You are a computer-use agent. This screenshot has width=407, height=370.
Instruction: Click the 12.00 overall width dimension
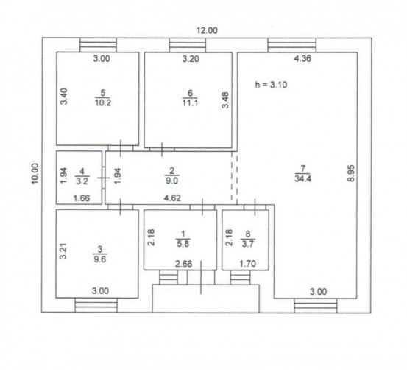207,30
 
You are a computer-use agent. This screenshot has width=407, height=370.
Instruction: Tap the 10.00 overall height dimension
35,173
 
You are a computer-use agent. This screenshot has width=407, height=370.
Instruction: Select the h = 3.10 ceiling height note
272,85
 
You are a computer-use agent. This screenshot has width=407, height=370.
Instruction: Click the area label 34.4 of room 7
303,179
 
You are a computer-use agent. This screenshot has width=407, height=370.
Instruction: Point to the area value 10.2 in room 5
103,102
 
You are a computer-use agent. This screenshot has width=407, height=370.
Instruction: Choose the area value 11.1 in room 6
191,103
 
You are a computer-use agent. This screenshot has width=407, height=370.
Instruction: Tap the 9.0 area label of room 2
171,181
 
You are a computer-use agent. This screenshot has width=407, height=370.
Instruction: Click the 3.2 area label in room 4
82,181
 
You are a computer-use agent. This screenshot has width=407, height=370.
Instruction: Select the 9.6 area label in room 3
100,259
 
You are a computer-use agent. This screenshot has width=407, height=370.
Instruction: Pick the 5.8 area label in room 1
183,244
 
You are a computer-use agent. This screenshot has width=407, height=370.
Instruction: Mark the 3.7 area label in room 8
248,244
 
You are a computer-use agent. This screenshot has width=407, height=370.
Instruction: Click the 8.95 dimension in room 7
351,173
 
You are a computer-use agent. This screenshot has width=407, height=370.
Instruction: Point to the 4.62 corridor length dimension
172,198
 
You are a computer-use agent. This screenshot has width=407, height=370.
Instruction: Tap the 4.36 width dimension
302,58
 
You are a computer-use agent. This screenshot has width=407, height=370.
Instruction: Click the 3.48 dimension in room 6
225,100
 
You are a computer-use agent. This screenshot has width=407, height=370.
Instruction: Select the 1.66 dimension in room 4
82,198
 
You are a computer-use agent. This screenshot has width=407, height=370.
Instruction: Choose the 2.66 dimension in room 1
184,264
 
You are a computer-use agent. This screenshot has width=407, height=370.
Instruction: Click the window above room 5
98,45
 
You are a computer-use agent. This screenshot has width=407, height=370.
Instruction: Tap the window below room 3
96,305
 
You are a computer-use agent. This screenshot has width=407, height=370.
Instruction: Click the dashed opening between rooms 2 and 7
234,178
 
